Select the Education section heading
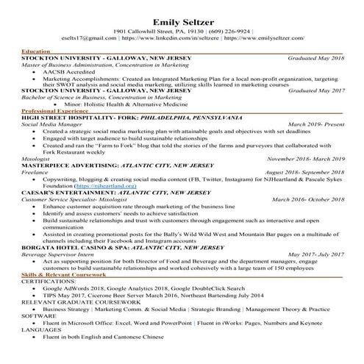[36, 51]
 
